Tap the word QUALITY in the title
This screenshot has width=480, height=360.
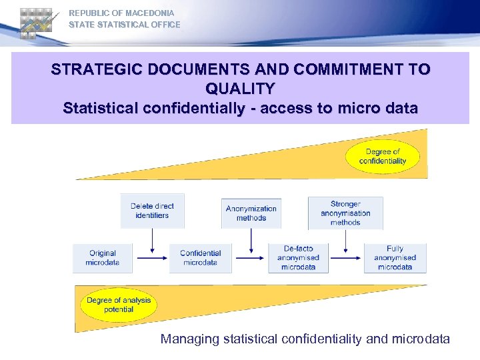(x=240, y=88)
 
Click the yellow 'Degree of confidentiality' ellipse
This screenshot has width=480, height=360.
(x=383, y=157)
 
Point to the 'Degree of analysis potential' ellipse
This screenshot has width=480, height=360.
(x=119, y=305)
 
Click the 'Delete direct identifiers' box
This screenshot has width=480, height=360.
(x=152, y=211)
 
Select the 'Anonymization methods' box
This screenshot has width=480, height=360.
(x=251, y=213)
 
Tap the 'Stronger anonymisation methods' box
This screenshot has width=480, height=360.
(x=345, y=213)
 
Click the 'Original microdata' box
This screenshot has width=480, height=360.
(x=102, y=258)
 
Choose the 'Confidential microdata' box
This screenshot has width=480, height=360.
(x=200, y=258)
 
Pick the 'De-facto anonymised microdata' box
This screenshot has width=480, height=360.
(x=298, y=258)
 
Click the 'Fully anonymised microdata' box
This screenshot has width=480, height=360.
(x=395, y=258)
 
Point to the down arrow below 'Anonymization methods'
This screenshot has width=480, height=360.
(x=251, y=238)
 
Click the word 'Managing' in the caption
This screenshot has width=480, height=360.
(x=189, y=339)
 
